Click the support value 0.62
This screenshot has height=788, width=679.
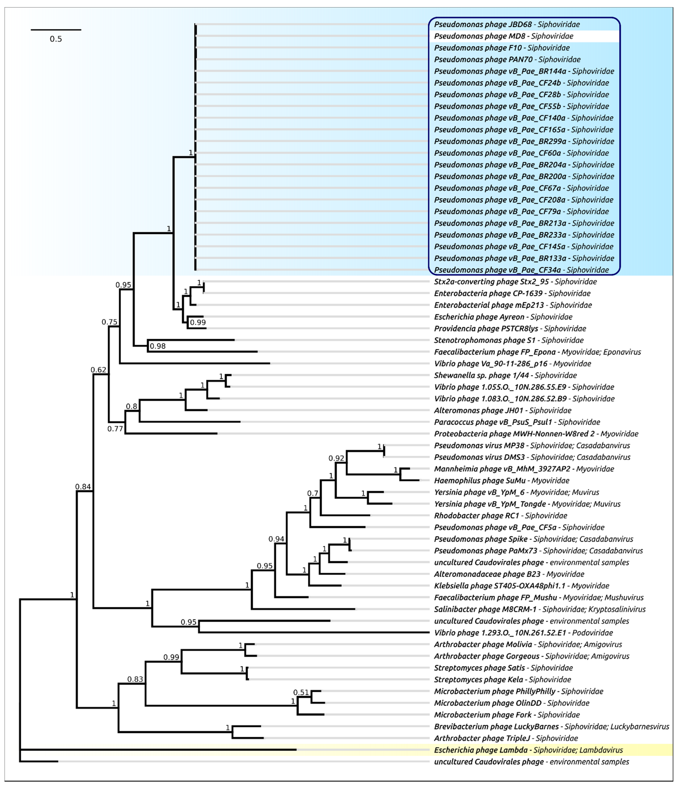coord(98,370)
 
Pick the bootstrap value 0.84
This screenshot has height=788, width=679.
coord(83,486)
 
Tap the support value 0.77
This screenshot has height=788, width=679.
coord(115,429)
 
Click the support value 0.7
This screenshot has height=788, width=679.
coord(313,493)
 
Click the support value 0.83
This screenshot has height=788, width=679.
coord(135,679)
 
